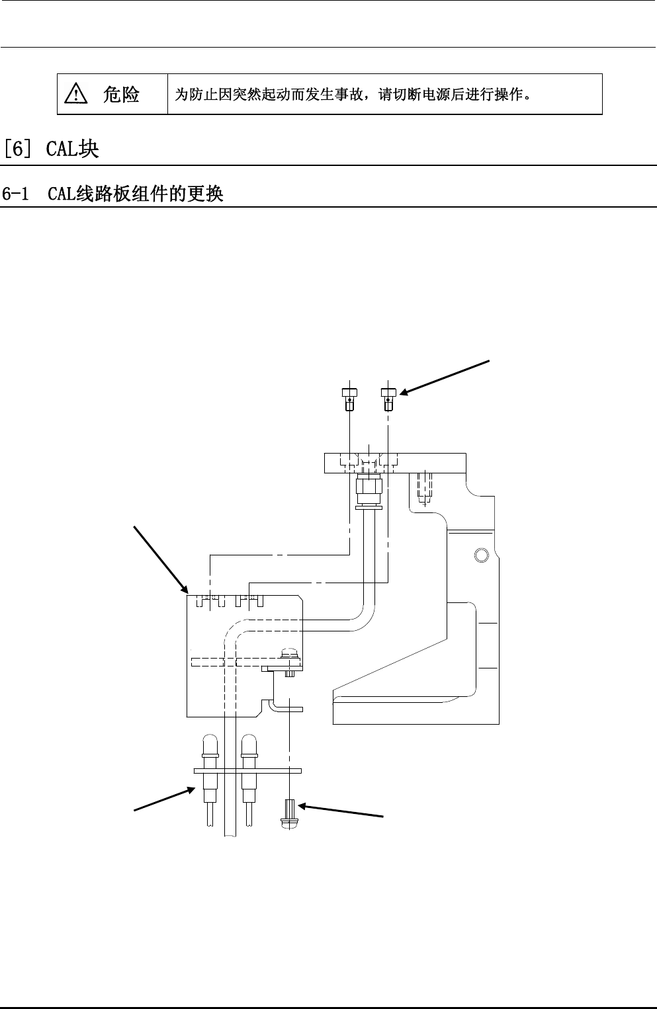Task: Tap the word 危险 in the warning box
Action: tap(121, 95)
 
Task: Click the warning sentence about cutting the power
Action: tap(351, 95)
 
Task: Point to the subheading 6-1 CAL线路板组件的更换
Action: tap(112, 194)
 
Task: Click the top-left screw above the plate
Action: tap(349, 399)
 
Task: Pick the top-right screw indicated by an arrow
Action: tap(388, 399)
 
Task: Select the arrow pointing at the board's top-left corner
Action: tap(159, 557)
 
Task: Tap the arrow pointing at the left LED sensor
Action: tap(164, 798)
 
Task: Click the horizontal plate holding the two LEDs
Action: tap(247, 770)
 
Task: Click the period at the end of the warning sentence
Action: tap(527, 96)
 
